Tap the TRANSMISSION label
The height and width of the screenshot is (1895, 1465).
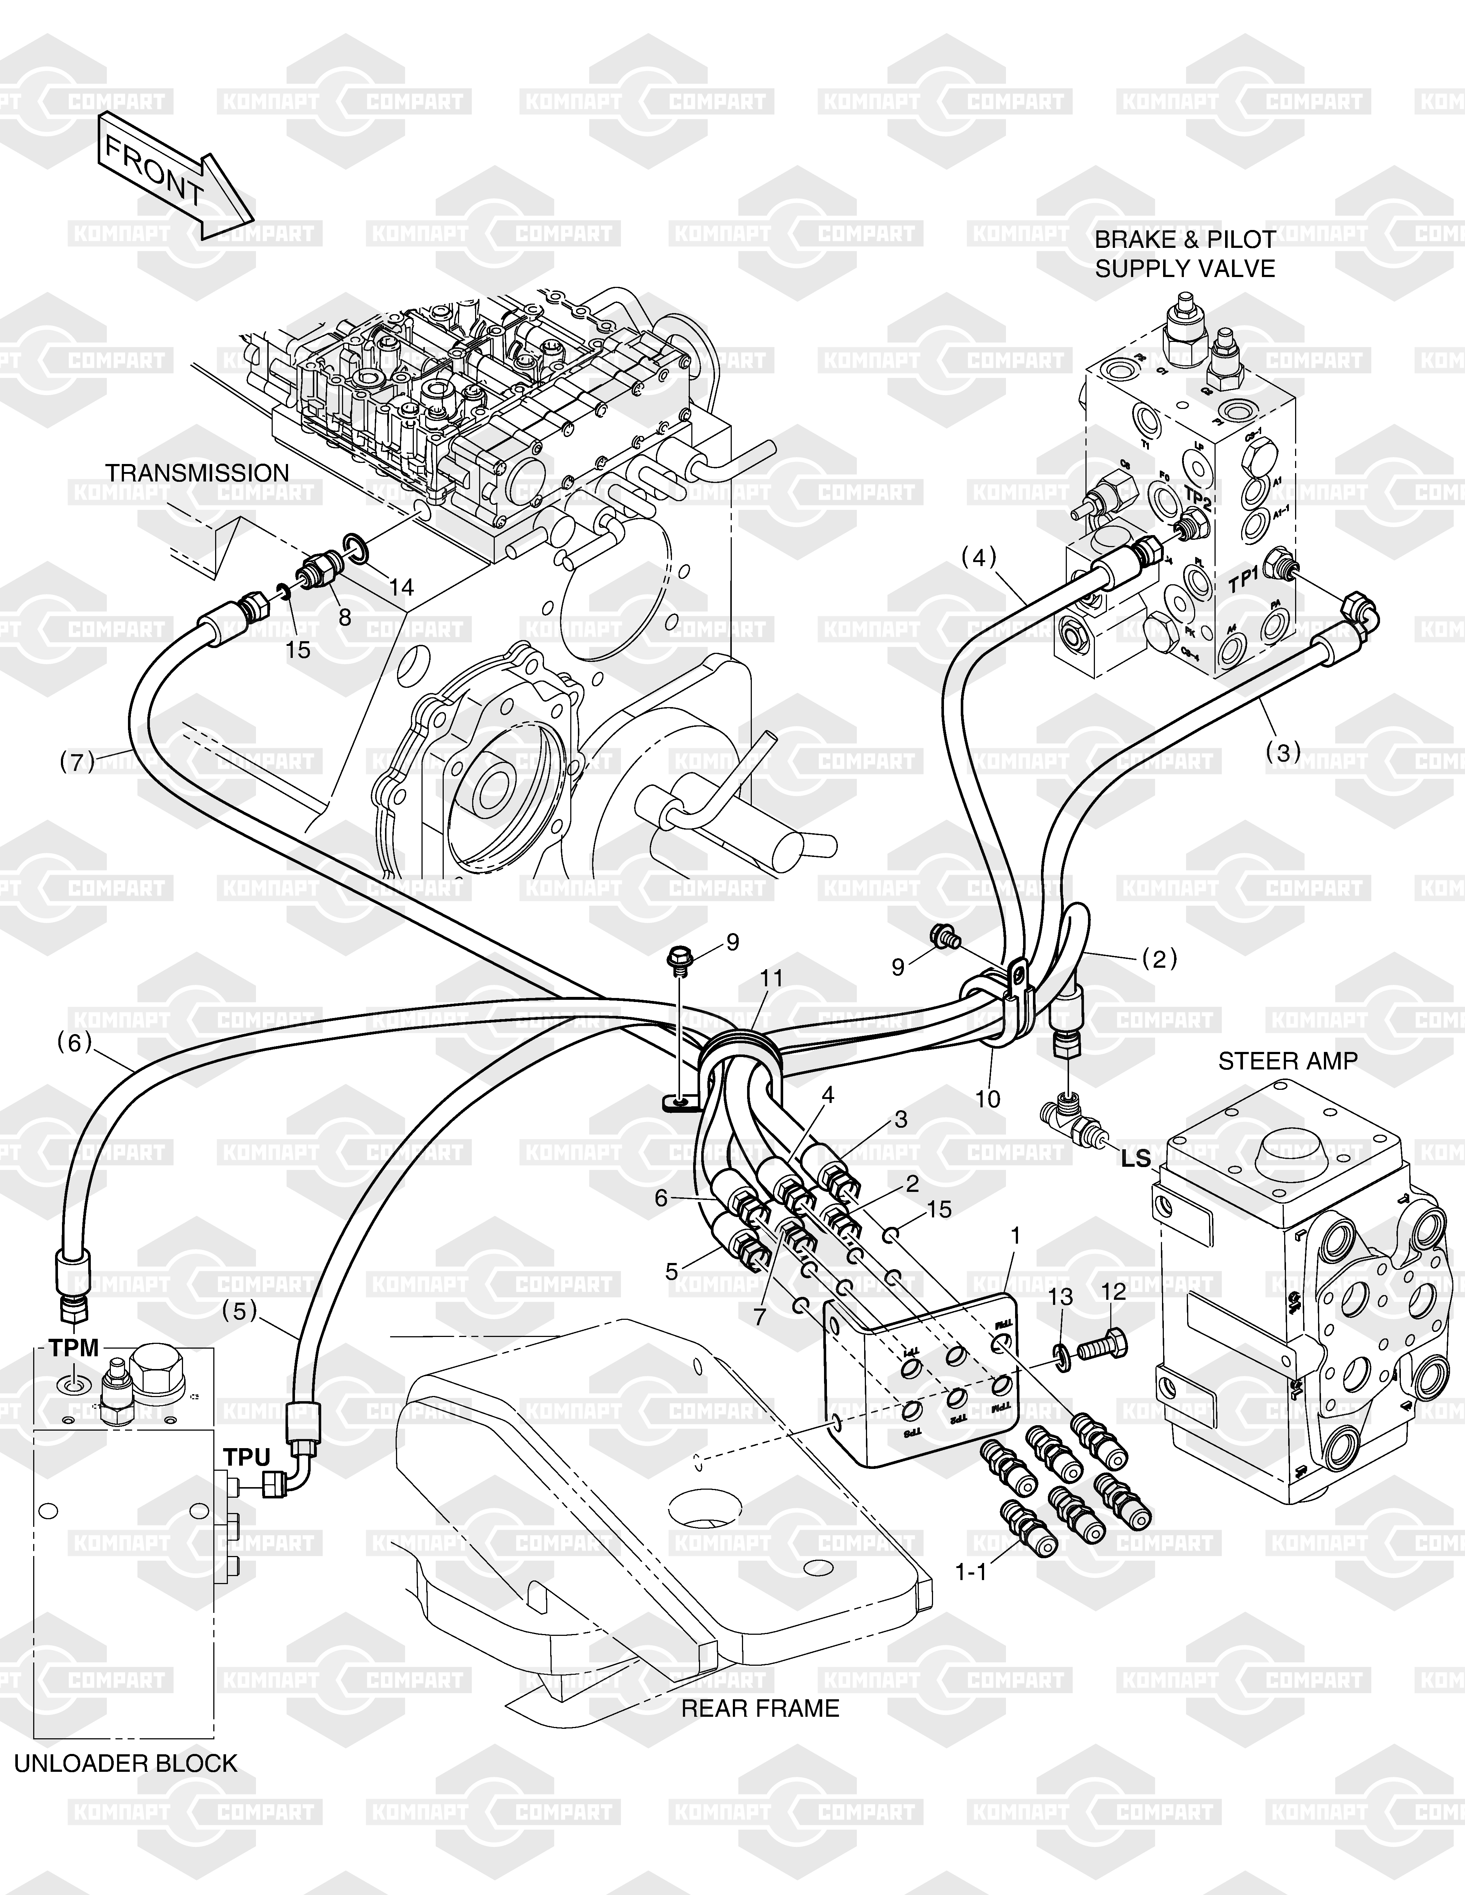197,473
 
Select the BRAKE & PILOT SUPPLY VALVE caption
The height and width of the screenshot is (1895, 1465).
1185,254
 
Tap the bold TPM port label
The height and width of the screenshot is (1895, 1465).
74,1348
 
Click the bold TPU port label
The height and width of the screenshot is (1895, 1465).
247,1458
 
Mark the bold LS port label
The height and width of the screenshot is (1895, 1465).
1135,1158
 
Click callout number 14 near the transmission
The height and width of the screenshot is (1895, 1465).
401,588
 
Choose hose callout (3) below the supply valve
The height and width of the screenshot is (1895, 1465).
1283,752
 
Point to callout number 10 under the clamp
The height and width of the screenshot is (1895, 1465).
988,1099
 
